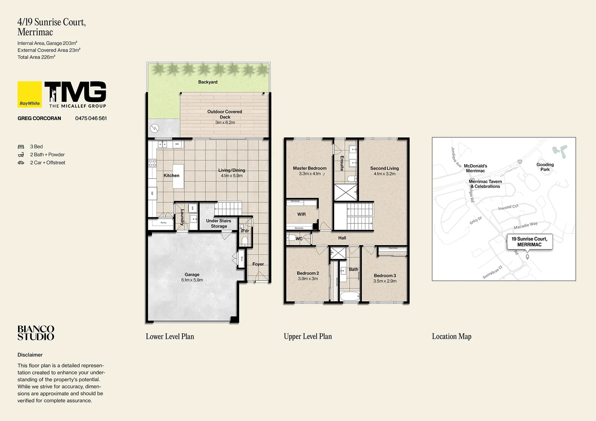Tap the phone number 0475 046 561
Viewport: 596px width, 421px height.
[91, 119]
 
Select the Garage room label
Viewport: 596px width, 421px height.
[192, 275]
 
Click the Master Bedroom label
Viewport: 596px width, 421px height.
[310, 168]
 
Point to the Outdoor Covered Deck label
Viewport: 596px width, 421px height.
[225, 114]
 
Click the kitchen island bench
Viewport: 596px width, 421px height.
[178, 177]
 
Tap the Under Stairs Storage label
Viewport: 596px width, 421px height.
[218, 223]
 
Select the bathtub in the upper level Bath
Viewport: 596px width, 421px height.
[349, 296]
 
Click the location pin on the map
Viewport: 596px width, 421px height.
[527, 256]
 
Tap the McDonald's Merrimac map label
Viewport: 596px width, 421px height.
[475, 168]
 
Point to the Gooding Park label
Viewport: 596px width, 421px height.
[545, 167]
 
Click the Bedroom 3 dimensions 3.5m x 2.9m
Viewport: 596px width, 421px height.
[385, 281]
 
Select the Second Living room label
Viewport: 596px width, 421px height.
[384, 168]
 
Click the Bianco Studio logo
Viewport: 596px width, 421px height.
[36, 333]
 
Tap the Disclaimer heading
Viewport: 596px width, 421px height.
[30, 355]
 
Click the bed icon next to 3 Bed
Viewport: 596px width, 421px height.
[21, 147]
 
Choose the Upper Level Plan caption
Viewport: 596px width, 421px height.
[308, 336]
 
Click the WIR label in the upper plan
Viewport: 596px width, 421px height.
[302, 214]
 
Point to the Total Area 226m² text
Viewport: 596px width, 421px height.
[36, 57]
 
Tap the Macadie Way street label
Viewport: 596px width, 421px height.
[525, 226]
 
